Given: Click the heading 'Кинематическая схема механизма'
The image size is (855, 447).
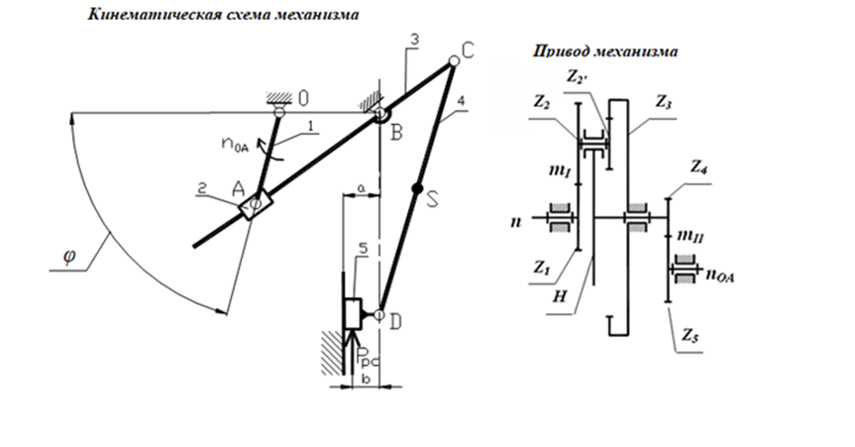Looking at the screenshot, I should (224, 17).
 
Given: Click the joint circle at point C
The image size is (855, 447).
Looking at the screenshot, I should (453, 61).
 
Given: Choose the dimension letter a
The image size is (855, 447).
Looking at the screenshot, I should (362, 185).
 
